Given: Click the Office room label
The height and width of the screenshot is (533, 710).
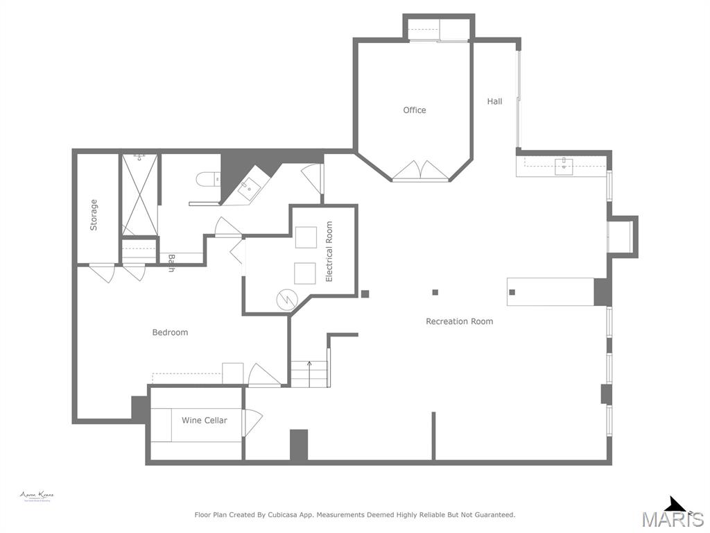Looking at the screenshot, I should tap(415, 110).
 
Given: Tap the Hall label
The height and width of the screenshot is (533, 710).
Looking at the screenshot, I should tap(494, 101).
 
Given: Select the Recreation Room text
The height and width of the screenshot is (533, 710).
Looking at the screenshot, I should tap(459, 321).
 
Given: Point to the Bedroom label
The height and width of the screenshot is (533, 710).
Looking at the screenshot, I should tap(170, 332).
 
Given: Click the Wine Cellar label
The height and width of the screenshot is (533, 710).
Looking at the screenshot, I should tap(204, 421).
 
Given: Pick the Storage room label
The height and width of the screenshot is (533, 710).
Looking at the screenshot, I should tap(94, 215).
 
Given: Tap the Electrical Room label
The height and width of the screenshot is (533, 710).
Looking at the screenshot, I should tap(329, 251).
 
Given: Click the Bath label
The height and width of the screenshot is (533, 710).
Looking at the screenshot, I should tap(171, 263).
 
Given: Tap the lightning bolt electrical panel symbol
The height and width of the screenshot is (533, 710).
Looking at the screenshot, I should tap(286, 300).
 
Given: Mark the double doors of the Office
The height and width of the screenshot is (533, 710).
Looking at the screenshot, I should tap(421, 171).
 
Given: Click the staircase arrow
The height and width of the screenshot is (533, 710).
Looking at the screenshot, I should tap(309, 364).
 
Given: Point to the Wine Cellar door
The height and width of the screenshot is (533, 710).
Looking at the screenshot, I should tap(252, 422).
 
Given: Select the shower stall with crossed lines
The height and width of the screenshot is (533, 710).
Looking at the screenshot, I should tap(140, 195).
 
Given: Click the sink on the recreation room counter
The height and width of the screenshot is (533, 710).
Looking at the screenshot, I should tap(564, 167).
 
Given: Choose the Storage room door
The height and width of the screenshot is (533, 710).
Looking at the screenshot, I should tap(103, 273).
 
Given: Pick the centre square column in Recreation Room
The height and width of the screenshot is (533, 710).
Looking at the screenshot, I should tap(435, 292).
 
